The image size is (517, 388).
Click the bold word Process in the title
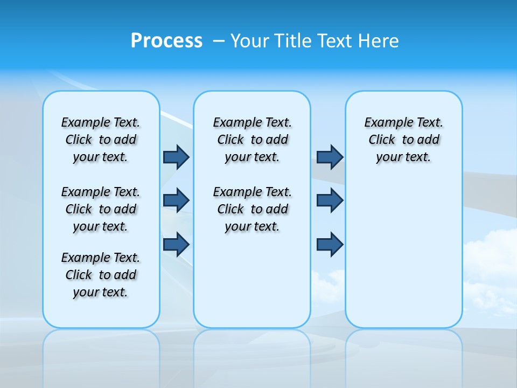click(x=166, y=41)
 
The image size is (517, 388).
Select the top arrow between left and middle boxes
click(x=176, y=157)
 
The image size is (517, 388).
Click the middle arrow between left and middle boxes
click(x=176, y=200)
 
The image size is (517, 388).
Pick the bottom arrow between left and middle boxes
click(x=176, y=244)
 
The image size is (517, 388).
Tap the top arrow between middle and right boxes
click(x=330, y=157)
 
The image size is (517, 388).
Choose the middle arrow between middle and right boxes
click(x=330, y=200)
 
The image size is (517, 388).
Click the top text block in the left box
click(x=101, y=140)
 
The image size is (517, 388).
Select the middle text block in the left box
click(x=101, y=209)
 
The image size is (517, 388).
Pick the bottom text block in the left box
click(x=101, y=275)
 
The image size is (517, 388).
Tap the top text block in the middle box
click(x=252, y=140)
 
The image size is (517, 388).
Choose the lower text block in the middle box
click(x=252, y=209)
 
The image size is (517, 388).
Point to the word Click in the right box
click(x=382, y=140)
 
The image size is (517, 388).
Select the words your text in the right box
click(x=403, y=157)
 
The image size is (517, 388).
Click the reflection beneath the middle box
click(x=252, y=350)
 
